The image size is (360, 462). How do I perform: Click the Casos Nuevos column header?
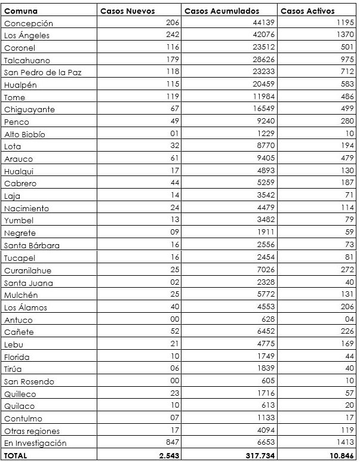(x=127, y=11)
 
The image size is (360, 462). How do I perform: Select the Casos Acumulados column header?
(x=221, y=11)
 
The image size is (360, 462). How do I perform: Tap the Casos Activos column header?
(x=307, y=11)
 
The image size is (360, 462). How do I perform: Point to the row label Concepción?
(x=28, y=23)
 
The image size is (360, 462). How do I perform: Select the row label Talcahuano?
(x=27, y=60)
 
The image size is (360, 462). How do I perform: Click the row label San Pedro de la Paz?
(x=42, y=72)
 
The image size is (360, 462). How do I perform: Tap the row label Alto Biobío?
(x=24, y=134)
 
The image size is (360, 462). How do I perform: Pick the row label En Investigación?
(x=35, y=443)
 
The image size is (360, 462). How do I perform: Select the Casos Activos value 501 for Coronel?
(x=347, y=48)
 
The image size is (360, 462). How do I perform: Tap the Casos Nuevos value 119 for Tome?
(x=173, y=97)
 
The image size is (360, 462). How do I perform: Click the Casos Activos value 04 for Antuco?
(x=350, y=319)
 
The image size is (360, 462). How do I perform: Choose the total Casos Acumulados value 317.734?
(x=258, y=455)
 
